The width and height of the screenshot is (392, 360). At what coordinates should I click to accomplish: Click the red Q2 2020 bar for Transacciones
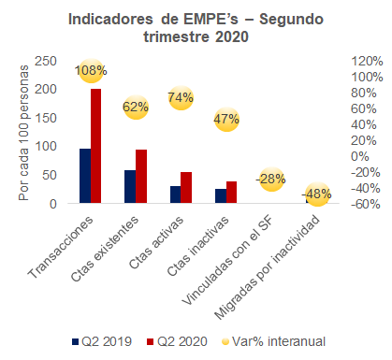pos(95,146)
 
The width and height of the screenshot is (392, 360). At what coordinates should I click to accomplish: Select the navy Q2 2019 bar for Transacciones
pos(85,176)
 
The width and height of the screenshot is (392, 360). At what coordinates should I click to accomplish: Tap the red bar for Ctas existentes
pos(141,177)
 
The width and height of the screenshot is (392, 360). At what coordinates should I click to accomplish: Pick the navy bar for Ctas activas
pos(175,194)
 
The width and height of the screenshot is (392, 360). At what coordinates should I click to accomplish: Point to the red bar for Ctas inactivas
pos(231,193)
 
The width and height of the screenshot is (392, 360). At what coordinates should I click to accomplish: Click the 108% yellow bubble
pos(91,71)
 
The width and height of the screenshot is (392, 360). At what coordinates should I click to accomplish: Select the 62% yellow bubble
pos(136,108)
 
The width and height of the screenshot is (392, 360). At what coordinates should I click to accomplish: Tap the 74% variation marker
pos(181,98)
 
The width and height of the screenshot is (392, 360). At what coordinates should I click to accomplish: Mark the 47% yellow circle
pos(226,120)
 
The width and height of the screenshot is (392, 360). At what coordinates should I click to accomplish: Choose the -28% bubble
pos(271,180)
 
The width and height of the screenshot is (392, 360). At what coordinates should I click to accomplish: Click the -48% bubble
pos(317,194)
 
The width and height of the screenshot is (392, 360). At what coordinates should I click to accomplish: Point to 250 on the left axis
pos(46,61)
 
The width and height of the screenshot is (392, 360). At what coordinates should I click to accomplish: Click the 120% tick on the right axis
pos(367,61)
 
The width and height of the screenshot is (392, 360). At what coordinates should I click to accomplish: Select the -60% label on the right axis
pos(366,205)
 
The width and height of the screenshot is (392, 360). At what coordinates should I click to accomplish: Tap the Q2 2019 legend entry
pos(102,341)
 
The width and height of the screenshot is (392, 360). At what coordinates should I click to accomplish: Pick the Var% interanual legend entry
pos(273,341)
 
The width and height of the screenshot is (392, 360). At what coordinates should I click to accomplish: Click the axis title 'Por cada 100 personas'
pos(23,133)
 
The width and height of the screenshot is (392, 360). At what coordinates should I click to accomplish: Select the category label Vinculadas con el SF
pos(227,261)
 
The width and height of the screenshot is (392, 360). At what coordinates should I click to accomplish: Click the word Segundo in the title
pos(291,20)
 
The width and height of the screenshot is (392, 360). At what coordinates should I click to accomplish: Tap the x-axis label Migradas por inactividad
pos(268,267)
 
